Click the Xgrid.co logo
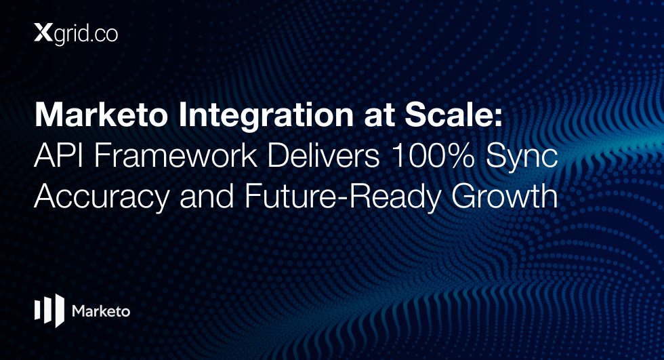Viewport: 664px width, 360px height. (x=76, y=34)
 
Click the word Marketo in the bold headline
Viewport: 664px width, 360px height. (x=101, y=115)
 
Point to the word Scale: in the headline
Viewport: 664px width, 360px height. (x=453, y=115)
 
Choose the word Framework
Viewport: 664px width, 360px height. (x=175, y=156)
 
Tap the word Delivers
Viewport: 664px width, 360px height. (x=323, y=156)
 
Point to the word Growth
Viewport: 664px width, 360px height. (x=504, y=196)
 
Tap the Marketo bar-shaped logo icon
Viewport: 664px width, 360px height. (x=49, y=311)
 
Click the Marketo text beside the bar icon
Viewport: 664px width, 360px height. (x=101, y=311)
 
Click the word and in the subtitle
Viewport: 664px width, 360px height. (x=207, y=196)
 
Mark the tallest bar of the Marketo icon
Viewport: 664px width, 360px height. (x=60, y=311)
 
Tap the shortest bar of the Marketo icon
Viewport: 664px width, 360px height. (x=37, y=310)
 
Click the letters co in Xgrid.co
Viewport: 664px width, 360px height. (x=107, y=35)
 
